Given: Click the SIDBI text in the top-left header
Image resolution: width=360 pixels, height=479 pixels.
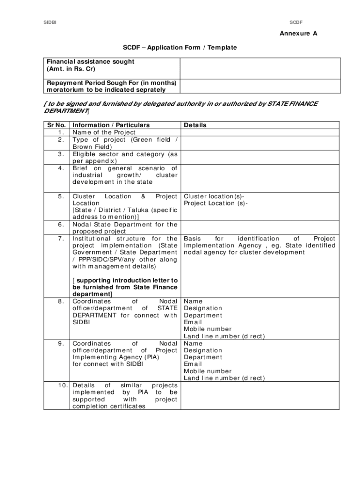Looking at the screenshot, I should [x=50, y=22].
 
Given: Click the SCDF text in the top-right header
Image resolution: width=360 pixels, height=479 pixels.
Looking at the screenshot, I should [x=296, y=22].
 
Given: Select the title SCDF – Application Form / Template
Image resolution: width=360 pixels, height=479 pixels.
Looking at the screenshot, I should [x=180, y=48].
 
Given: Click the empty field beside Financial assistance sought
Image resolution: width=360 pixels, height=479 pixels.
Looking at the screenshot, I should [x=260, y=68].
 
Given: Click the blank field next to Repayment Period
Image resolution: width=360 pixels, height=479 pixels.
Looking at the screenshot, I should [x=260, y=86].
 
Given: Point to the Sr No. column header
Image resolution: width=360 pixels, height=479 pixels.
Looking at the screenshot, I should [x=56, y=125].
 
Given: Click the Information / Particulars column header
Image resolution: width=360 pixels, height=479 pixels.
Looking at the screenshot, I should [x=111, y=125].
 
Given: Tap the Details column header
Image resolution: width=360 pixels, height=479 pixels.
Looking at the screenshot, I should [x=195, y=125].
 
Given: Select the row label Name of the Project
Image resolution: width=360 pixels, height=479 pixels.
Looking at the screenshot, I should [x=104, y=132].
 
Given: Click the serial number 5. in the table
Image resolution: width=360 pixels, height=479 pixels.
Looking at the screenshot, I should [x=61, y=196].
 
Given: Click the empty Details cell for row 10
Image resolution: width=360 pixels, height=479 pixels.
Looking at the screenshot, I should [x=260, y=396].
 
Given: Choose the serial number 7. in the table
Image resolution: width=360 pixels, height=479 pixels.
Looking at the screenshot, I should [x=61, y=239].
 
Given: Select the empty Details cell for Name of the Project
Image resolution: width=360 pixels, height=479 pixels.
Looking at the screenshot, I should [x=260, y=132].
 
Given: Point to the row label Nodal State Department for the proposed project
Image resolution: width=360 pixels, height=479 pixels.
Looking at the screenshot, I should [x=125, y=228].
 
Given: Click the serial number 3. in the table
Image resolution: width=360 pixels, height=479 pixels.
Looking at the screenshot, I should [x=61, y=154].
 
